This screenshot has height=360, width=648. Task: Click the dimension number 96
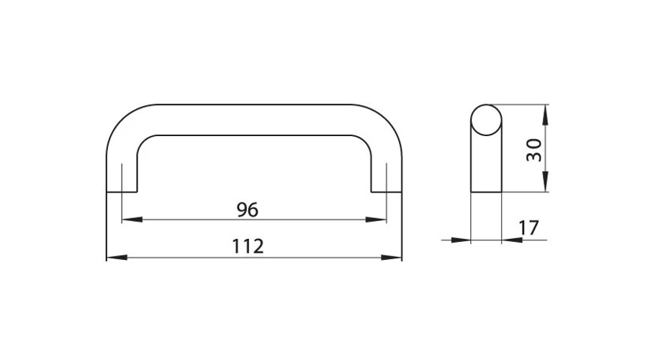click(248, 210)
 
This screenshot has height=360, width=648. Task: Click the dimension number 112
click(248, 246)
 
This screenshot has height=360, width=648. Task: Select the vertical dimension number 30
click(534, 150)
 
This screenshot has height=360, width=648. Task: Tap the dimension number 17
click(528, 228)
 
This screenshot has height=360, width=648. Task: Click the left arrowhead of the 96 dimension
click(132, 220)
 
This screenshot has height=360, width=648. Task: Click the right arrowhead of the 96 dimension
click(376, 220)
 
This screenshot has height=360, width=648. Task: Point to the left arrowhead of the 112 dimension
click(117, 258)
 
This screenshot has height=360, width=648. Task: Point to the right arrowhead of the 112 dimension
click(392, 258)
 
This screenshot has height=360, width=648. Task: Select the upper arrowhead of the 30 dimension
click(546, 115)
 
